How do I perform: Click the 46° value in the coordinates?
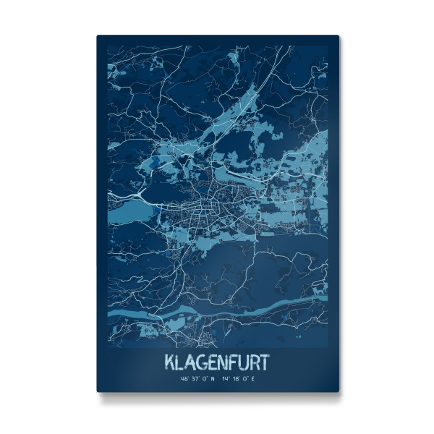click(x=186, y=378)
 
